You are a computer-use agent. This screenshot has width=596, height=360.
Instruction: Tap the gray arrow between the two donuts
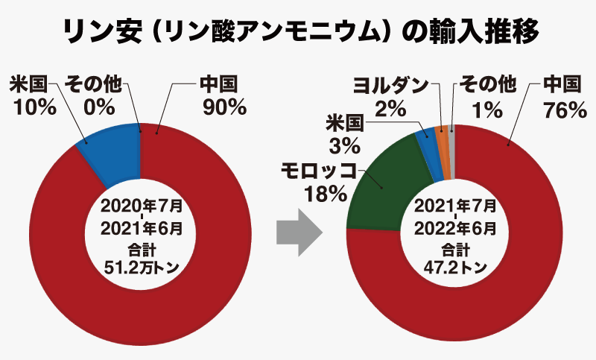click(x=298, y=232)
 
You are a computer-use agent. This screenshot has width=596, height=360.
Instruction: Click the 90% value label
click(x=224, y=106)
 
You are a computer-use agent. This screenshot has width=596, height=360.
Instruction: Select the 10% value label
click(x=35, y=107)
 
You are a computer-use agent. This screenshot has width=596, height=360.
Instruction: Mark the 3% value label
click(x=344, y=144)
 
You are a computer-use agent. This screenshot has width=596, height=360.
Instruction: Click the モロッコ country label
click(x=320, y=171)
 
